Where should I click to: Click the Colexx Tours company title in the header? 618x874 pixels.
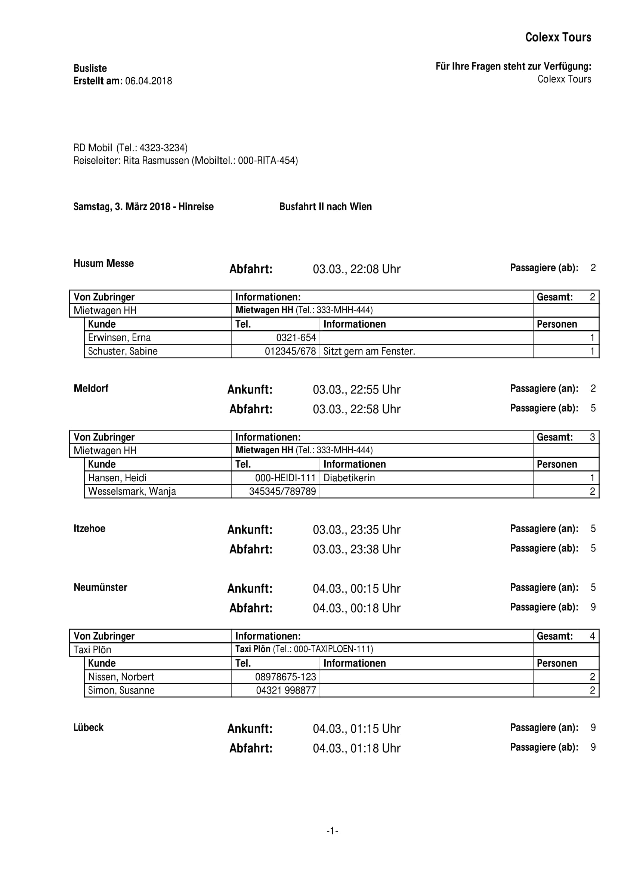click(x=558, y=37)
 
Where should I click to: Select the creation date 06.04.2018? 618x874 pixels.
click(x=148, y=81)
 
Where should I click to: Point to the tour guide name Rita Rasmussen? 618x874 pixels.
click(x=156, y=161)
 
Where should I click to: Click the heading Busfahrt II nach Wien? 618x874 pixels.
click(x=325, y=207)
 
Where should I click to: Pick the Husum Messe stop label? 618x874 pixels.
click(x=103, y=263)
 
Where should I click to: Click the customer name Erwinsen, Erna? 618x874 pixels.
click(x=119, y=338)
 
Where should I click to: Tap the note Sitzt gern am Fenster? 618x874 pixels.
click(x=369, y=351)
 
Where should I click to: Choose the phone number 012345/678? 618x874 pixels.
click(x=290, y=351)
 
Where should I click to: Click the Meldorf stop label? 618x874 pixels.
click(x=91, y=388)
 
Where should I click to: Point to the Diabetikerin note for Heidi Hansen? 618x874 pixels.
click(x=349, y=478)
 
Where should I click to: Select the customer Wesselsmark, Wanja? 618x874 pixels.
click(x=132, y=491)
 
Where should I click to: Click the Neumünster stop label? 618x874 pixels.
click(x=100, y=587)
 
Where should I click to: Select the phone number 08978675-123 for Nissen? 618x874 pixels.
click(x=285, y=677)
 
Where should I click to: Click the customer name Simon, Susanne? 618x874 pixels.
click(x=121, y=691)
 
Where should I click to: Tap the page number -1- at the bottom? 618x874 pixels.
click(x=332, y=831)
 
